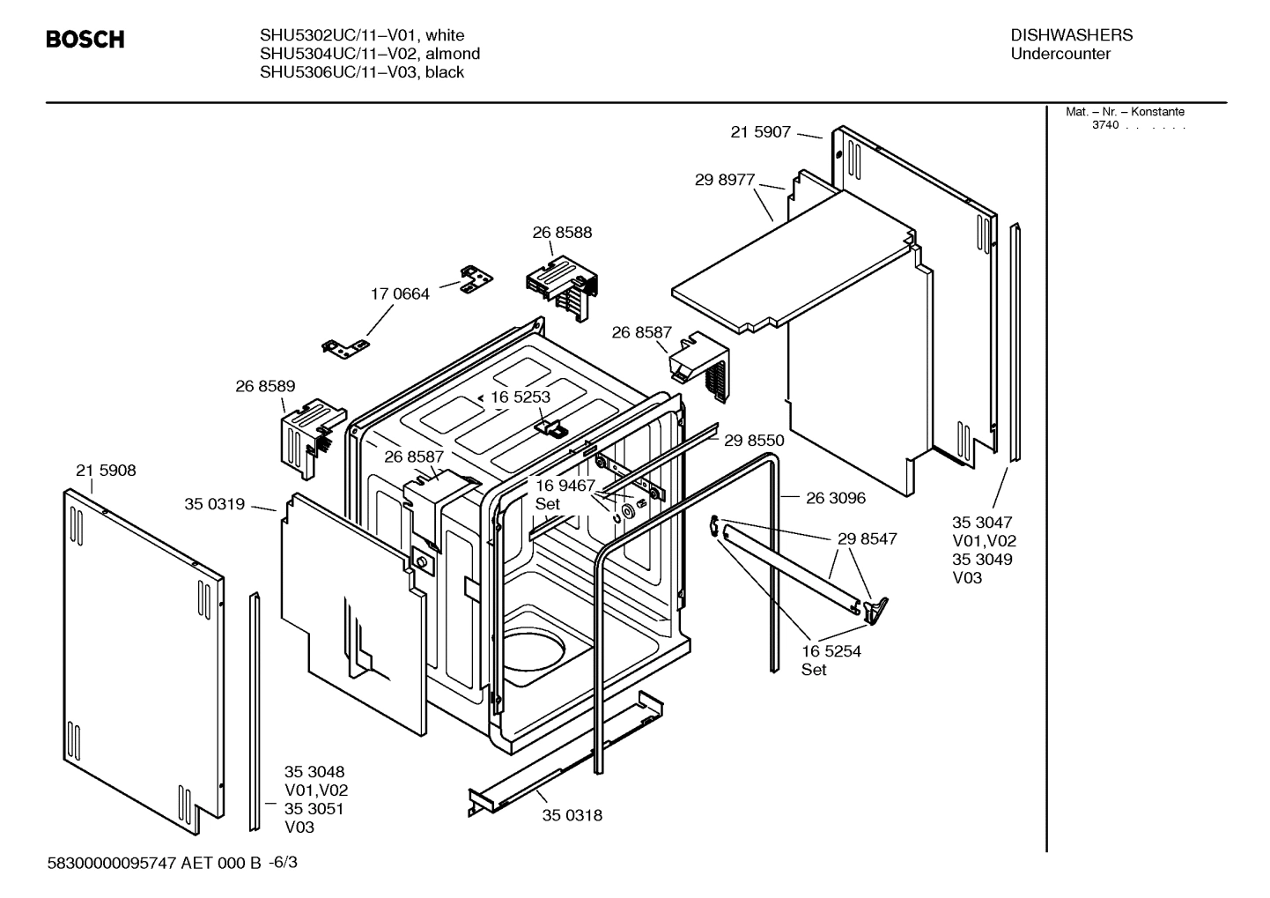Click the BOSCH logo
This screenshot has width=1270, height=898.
coord(85,40)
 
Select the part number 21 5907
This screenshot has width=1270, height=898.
coord(760,132)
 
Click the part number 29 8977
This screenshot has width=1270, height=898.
coord(725,180)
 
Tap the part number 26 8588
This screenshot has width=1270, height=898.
coord(562,233)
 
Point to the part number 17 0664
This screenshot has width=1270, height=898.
coord(400,294)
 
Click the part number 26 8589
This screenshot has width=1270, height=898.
coord(265,386)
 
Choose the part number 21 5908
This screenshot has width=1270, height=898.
coord(106,471)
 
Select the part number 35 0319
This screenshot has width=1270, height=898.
coord(214,505)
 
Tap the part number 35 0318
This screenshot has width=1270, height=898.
coord(572,815)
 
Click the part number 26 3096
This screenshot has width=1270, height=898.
coord(836,498)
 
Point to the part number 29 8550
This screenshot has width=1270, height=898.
coord(754,441)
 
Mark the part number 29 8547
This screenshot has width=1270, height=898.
coord(867,538)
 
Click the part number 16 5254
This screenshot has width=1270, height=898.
coord(831,651)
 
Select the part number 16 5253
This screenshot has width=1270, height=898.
coord(521,397)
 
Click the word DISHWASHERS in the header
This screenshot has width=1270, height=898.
coord(1071,35)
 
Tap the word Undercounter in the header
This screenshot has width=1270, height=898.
coord(1060,54)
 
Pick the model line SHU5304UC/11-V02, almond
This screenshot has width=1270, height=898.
coord(370,54)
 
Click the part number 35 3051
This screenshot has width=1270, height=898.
coord(314,809)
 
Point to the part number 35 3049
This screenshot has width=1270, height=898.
coord(982,560)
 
